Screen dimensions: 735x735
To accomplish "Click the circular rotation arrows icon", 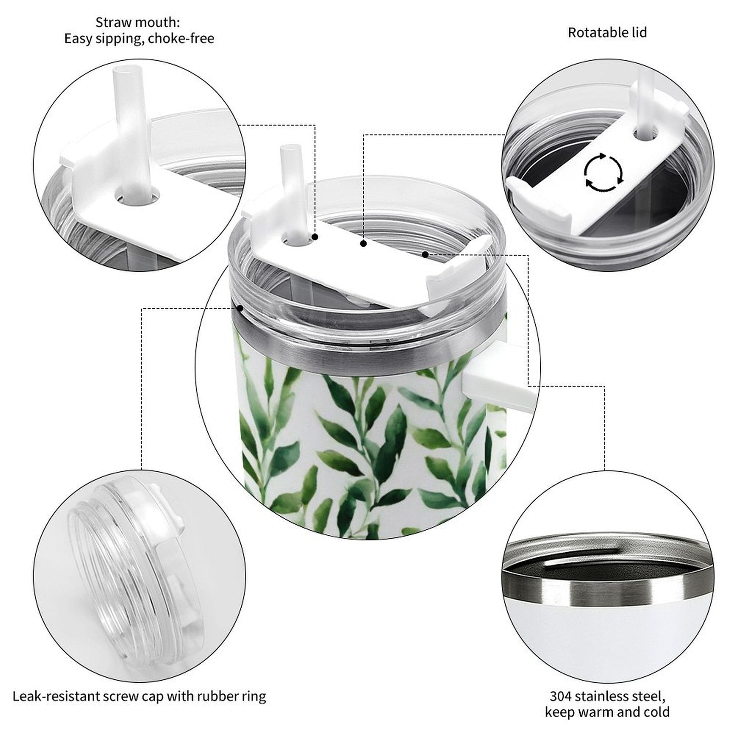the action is pyautogui.click(x=604, y=172).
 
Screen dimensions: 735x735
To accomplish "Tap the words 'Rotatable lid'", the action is pyautogui.click(x=607, y=33).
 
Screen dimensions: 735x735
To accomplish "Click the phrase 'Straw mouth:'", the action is pyautogui.click(x=138, y=22).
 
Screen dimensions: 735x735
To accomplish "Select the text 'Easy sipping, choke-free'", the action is pyautogui.click(x=139, y=39).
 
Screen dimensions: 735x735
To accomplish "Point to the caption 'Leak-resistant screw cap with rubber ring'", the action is pyautogui.click(x=139, y=696).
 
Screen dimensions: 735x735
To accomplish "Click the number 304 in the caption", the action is pyautogui.click(x=561, y=696).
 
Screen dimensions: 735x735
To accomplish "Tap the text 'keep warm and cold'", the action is pyautogui.click(x=607, y=712).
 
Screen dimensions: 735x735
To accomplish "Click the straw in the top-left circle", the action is pyautogui.click(x=133, y=133).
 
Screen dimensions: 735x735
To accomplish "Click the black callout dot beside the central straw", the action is pyautogui.click(x=315, y=237).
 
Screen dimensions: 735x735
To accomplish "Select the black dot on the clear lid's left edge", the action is pyautogui.click(x=240, y=308).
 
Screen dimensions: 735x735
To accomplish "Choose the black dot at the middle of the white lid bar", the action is pyautogui.click(x=363, y=243).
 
